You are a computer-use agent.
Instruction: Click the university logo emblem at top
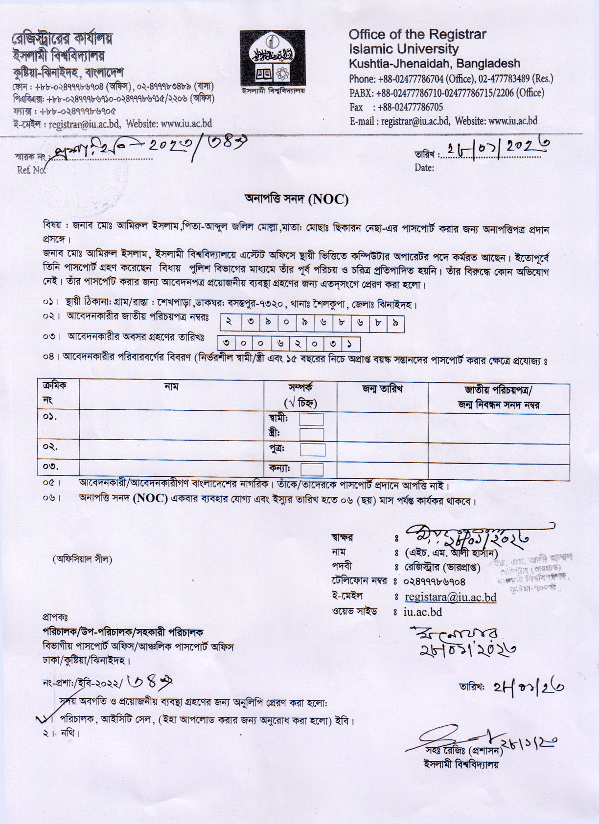point(272,58)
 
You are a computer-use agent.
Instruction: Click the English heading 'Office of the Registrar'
point(417,34)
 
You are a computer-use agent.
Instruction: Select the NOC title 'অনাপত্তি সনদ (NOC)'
point(297,199)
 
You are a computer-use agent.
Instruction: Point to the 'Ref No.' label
point(31,170)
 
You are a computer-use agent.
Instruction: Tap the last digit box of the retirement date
point(350,344)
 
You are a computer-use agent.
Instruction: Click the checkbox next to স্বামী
point(311,420)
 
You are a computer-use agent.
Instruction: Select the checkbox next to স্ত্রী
point(311,434)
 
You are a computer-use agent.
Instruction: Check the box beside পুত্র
point(312,449)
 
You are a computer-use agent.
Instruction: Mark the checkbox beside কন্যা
point(312,469)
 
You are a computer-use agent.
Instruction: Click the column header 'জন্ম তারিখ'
point(382,389)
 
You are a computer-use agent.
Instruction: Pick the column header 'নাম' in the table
point(171,387)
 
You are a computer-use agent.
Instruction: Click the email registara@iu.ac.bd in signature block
point(450,597)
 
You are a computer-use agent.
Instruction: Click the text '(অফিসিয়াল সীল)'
point(82,559)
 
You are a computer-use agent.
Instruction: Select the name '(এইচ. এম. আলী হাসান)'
point(451,553)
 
